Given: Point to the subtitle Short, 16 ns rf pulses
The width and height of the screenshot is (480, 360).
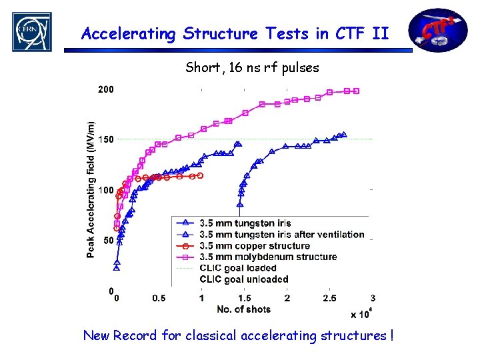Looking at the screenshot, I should tap(252, 67).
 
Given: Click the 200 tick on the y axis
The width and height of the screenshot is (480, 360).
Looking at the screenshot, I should tap(105, 89).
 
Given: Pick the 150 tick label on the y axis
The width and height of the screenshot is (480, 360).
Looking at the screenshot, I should tap(105, 139).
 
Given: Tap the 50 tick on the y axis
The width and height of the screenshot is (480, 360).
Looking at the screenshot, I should tap(107, 240).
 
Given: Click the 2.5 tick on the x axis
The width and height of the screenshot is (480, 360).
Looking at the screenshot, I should tap(330, 298).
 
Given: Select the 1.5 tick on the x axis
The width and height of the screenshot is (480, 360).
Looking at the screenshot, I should tap(245, 298).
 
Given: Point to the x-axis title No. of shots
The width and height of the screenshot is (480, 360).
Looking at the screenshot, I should tap(244, 309).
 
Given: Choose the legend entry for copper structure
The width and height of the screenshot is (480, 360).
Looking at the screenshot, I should tap(245, 245).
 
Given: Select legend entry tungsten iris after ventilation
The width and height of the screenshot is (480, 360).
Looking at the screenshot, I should tap(282, 234).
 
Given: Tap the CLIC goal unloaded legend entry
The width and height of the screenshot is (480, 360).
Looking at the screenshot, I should tap(244, 279).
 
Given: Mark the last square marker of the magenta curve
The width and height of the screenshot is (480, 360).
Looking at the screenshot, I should tap(357, 91).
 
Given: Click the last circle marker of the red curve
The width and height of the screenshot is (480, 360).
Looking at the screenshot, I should tap(200, 175).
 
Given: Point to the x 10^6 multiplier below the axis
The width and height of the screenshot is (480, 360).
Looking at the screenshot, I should tap(361, 314).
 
